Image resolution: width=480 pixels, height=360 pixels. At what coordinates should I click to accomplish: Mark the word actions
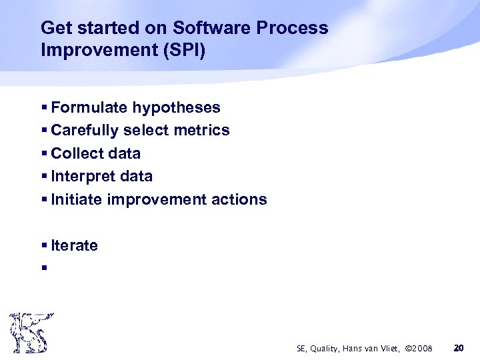tap(239, 199)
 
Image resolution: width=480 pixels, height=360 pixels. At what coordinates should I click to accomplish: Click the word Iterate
tap(74, 245)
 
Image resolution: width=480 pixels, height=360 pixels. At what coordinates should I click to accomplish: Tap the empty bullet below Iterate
tap(43, 269)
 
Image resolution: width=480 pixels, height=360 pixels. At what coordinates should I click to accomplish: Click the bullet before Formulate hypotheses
tap(43, 108)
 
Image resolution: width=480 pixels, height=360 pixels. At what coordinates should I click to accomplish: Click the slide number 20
tap(457, 348)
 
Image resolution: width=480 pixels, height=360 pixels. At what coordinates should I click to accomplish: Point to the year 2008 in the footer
tap(421, 349)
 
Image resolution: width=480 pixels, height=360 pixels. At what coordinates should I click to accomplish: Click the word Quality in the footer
tap(326, 349)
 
